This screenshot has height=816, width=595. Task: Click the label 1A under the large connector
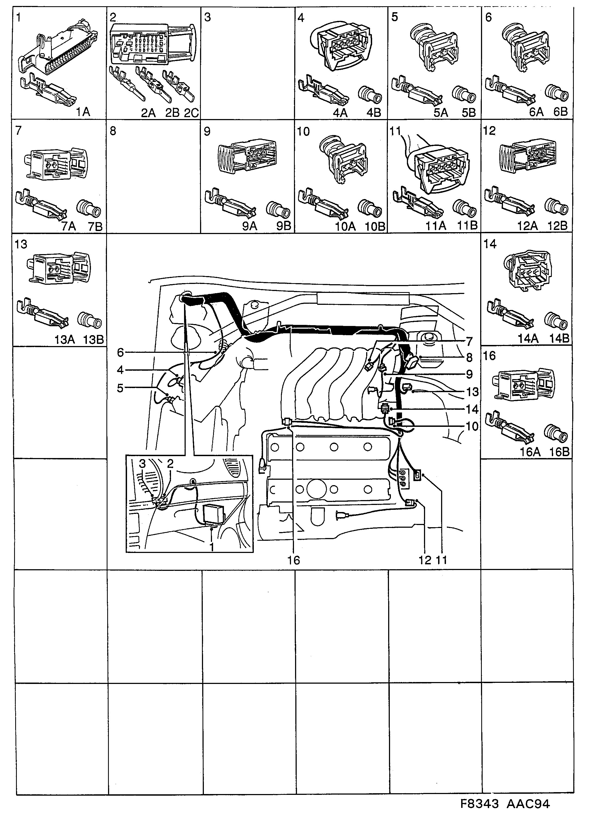[x=83, y=112]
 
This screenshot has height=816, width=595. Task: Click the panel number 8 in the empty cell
[x=113, y=131]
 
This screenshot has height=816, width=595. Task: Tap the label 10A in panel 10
[x=345, y=226]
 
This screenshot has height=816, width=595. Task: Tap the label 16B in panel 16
[x=559, y=452]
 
